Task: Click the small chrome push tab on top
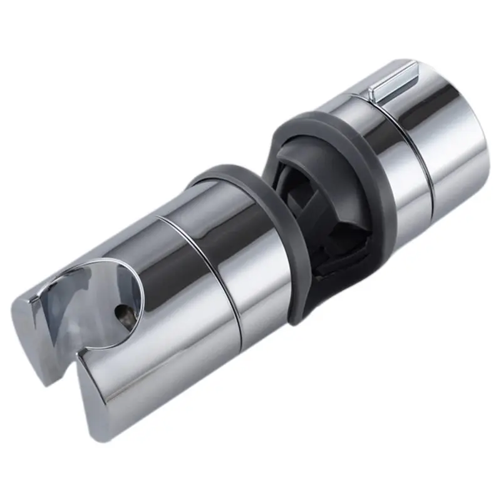click(x=393, y=81)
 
